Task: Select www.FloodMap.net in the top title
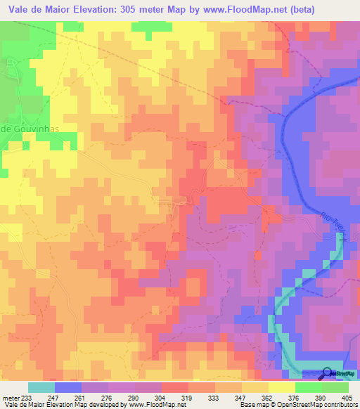coord(238,9)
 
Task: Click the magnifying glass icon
coord(328,374)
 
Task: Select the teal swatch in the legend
coord(41,387)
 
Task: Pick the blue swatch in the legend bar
coord(67,387)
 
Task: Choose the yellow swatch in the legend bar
coord(281,387)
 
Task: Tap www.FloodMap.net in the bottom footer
coord(152,405)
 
